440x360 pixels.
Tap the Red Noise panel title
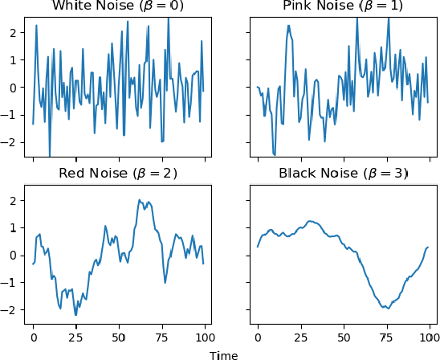pyautogui.click(x=118, y=174)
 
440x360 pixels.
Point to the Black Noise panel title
pyautogui.click(x=343, y=174)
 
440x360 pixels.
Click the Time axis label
pyautogui.click(x=223, y=354)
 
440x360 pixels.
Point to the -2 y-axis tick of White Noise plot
pyautogui.click(x=12, y=142)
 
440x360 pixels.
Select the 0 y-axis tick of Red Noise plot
pyautogui.click(x=14, y=256)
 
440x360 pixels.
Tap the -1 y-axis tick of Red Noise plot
pyautogui.click(x=12, y=283)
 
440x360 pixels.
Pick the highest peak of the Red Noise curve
pyautogui.click(x=139, y=200)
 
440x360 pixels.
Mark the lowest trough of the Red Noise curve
pyautogui.click(x=75, y=315)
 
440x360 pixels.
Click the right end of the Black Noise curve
pyautogui.click(x=428, y=247)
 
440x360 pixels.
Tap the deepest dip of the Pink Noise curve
pyautogui.click(x=275, y=154)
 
